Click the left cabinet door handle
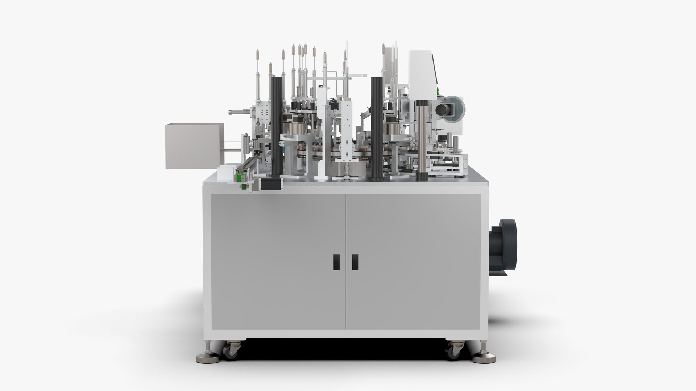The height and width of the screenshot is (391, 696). point(336,262)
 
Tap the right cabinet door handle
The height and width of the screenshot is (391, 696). point(355,262)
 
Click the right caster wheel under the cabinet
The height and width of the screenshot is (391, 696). point(453,350)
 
